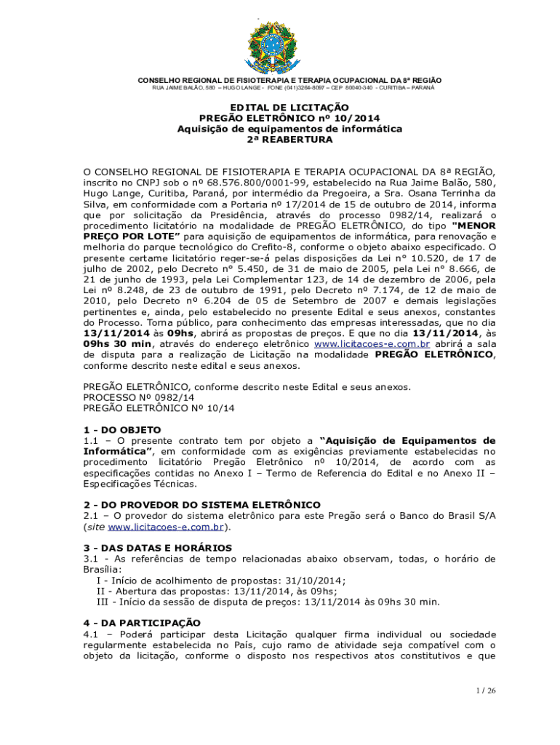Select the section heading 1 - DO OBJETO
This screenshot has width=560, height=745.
click(122, 430)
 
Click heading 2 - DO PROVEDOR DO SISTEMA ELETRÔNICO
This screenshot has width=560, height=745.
click(202, 505)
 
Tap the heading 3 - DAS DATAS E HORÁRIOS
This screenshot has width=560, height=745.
click(158, 547)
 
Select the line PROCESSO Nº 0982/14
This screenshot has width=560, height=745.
click(139, 398)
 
